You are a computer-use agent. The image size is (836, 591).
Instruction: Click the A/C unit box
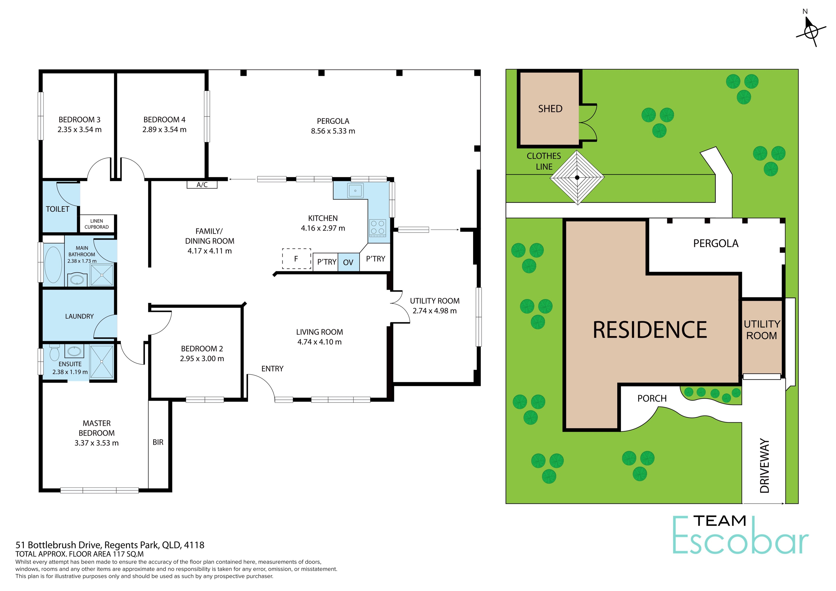pos(202,185)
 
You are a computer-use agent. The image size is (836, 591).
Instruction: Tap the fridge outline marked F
pos(296,259)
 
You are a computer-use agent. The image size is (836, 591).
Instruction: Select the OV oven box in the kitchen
pos(349,262)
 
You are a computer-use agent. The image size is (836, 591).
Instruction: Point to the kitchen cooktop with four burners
pos(378,228)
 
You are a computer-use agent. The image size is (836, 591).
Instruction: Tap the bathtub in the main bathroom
pos(53,265)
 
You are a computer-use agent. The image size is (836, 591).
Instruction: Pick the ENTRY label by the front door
pos(272,369)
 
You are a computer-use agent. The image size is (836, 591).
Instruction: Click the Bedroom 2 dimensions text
pos(202,359)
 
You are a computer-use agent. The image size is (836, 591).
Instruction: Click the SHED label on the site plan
pos(550,108)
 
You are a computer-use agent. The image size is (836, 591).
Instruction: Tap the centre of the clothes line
pos(577,178)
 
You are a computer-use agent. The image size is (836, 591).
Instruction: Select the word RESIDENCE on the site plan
pos(650,330)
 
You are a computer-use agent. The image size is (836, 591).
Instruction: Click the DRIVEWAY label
pos(765,466)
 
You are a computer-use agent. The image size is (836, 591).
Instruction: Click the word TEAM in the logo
pos(720,521)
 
